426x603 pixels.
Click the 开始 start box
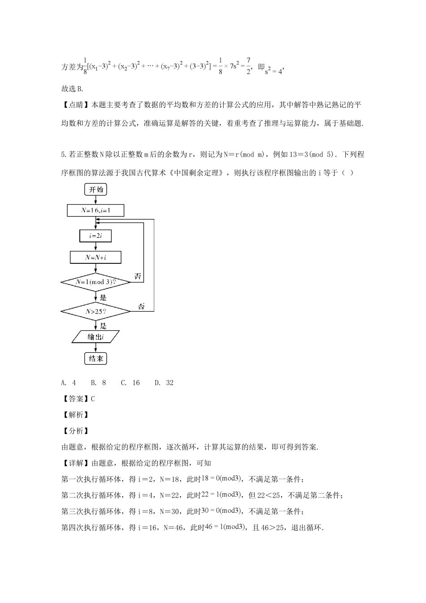tap(96, 190)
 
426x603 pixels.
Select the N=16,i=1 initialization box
tap(96, 210)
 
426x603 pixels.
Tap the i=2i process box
tap(96, 236)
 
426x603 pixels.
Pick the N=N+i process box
tap(96, 257)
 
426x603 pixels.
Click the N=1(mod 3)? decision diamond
tap(96, 282)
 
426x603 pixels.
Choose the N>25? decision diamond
tap(96, 310)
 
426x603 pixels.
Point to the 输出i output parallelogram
tap(96, 336)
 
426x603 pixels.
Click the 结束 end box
tap(96, 358)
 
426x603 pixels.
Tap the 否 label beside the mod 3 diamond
tap(138, 276)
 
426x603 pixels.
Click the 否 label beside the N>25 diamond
tap(141, 306)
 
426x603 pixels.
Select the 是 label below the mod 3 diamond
tap(103, 297)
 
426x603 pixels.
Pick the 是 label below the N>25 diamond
tap(103, 326)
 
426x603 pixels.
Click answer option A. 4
tap(69, 383)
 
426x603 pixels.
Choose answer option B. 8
tap(98, 383)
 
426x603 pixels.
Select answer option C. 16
tap(130, 383)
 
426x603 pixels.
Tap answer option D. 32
tap(164, 383)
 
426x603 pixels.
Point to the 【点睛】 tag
tap(75, 105)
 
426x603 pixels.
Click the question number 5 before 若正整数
tap(63, 154)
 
